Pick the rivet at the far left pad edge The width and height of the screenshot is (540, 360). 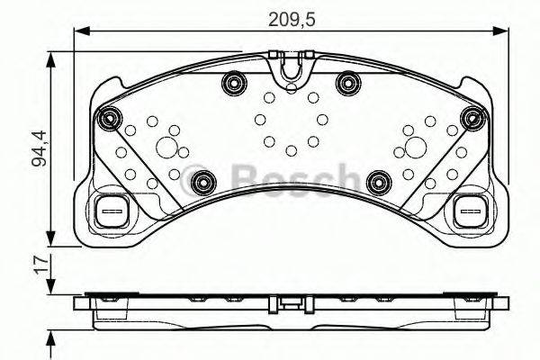pyautogui.click(x=110, y=116)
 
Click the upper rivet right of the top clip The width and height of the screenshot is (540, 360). pyautogui.click(x=346, y=84)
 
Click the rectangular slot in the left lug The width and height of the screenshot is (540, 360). pyautogui.click(x=111, y=213)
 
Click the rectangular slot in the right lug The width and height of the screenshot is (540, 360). pyautogui.click(x=468, y=213)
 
